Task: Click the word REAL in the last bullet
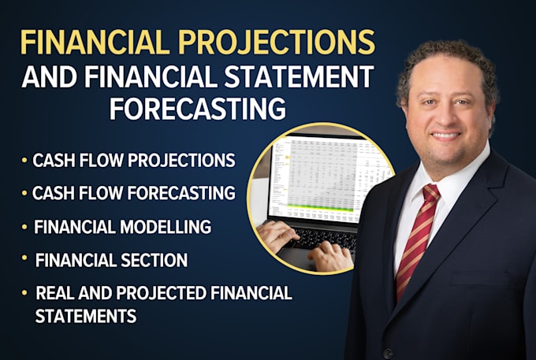[55, 294]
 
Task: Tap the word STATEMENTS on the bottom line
[85, 316]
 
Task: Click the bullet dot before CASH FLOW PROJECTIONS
[25, 161]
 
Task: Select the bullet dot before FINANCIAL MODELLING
[25, 227]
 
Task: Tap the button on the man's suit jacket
[387, 351]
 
